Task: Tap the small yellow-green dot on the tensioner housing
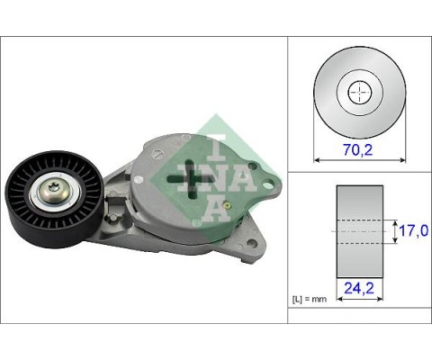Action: point(231,206)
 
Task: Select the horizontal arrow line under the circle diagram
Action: point(358,161)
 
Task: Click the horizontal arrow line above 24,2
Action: point(359,274)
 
